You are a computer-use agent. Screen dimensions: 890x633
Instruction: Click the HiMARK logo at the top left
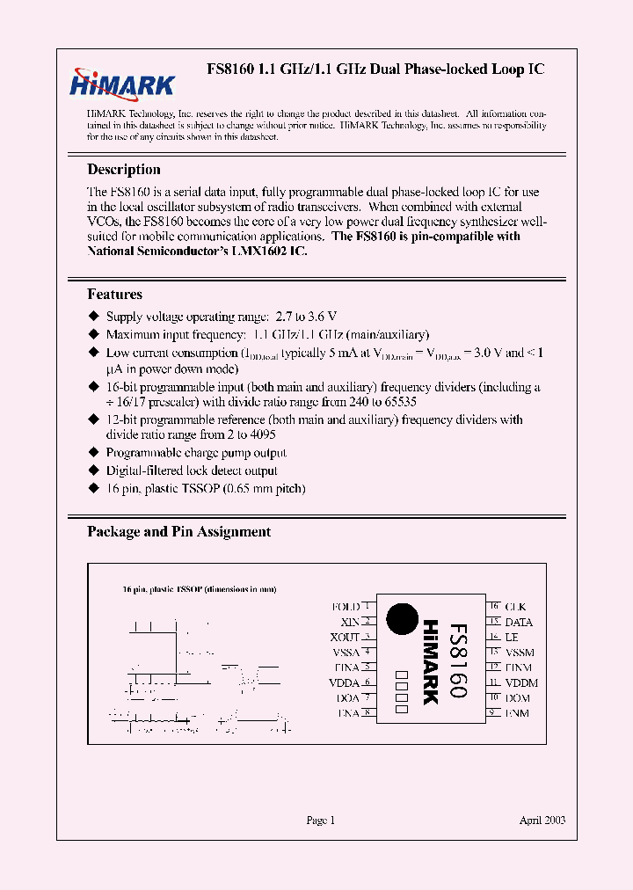(x=122, y=83)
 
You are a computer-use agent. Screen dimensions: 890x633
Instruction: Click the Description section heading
(x=124, y=170)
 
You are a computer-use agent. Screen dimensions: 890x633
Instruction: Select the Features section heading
(x=114, y=295)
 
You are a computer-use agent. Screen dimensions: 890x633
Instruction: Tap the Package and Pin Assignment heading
(x=178, y=532)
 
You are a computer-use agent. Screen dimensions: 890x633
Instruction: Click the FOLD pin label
(x=346, y=607)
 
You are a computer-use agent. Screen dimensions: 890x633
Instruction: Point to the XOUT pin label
(x=345, y=637)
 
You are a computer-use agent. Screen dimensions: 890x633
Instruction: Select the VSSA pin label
(x=346, y=653)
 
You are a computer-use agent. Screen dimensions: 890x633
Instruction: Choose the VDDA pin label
(x=344, y=682)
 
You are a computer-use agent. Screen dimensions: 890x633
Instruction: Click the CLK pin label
(x=516, y=607)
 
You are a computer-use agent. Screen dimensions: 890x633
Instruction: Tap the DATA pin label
(x=519, y=622)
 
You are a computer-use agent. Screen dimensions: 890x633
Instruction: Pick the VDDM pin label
(x=521, y=682)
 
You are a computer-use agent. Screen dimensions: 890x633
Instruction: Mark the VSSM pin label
(x=520, y=653)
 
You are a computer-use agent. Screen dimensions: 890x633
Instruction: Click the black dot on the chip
(x=403, y=617)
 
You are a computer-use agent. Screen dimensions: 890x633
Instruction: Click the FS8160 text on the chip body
(x=458, y=660)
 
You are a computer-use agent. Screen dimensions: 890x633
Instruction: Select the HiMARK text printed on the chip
(x=430, y=662)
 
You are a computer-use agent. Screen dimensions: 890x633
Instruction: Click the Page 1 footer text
(x=320, y=821)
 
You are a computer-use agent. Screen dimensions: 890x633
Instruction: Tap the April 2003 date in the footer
(x=542, y=821)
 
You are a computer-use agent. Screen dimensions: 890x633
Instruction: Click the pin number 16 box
(x=494, y=607)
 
